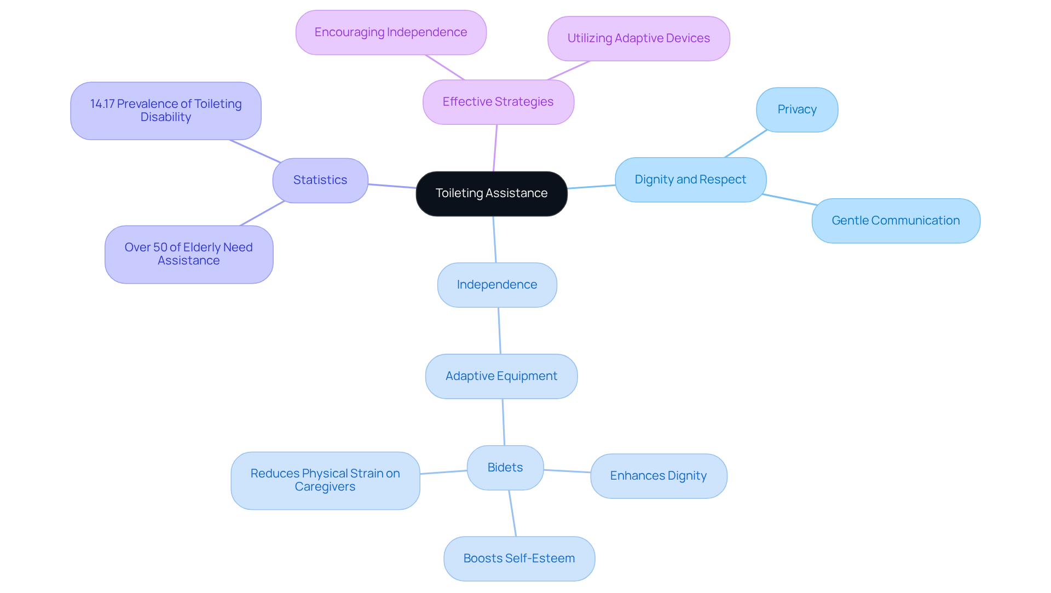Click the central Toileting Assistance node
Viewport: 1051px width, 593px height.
491,193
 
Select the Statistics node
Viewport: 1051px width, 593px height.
320,180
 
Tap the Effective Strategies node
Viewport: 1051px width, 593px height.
498,102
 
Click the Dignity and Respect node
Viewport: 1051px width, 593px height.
690,180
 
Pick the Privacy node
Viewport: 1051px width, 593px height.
796,110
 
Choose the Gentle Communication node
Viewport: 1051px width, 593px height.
896,221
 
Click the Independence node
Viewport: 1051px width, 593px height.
497,285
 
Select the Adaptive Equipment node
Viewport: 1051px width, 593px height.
501,376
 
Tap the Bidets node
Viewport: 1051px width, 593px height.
505,468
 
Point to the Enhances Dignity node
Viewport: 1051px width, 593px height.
659,476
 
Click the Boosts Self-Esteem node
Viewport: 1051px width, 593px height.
519,559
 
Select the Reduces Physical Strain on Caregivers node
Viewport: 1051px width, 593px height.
325,480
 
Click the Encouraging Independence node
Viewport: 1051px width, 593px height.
391,32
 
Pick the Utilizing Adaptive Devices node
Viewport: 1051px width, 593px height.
638,38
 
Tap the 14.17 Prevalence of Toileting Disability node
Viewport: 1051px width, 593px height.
166,111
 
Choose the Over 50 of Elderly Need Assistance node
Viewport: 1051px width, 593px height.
189,254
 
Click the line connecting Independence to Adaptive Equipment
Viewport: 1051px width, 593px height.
499,331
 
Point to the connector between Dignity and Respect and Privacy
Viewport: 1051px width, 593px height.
746,144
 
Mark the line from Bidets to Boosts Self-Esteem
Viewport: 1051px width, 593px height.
512,513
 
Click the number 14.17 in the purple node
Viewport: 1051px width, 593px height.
102,104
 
